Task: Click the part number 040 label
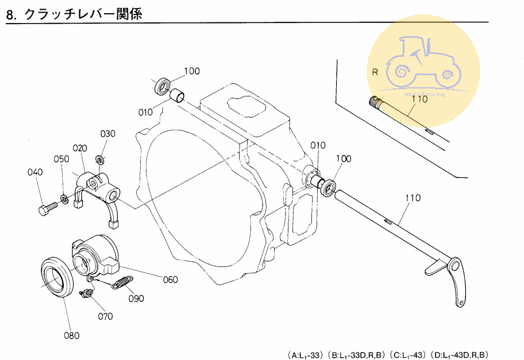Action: [x=34, y=172]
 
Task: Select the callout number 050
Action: [x=61, y=159]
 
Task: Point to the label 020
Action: [x=79, y=148]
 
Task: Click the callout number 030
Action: [x=108, y=134]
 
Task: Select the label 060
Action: [x=170, y=280]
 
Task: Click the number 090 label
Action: [x=136, y=299]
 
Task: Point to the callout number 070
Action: [x=105, y=316]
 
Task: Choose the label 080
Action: [x=71, y=336]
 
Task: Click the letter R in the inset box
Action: [x=375, y=72]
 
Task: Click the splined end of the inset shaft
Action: [x=376, y=103]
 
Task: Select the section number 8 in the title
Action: [x=10, y=14]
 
